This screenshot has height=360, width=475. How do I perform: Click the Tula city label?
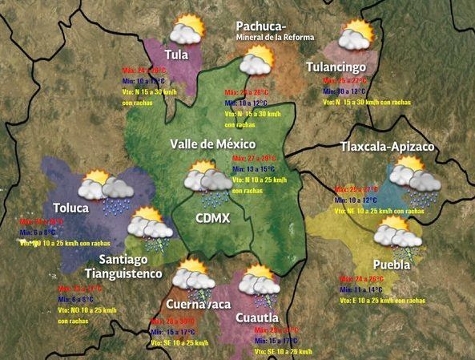click(x=176, y=55)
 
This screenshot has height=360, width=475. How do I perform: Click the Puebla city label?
click(x=392, y=265)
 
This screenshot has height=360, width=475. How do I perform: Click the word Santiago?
click(x=132, y=260)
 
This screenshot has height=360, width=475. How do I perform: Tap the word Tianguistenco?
click(x=131, y=274)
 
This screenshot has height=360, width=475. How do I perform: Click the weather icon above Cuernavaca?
click(x=193, y=277)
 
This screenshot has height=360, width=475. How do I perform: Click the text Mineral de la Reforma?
click(x=275, y=37)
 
